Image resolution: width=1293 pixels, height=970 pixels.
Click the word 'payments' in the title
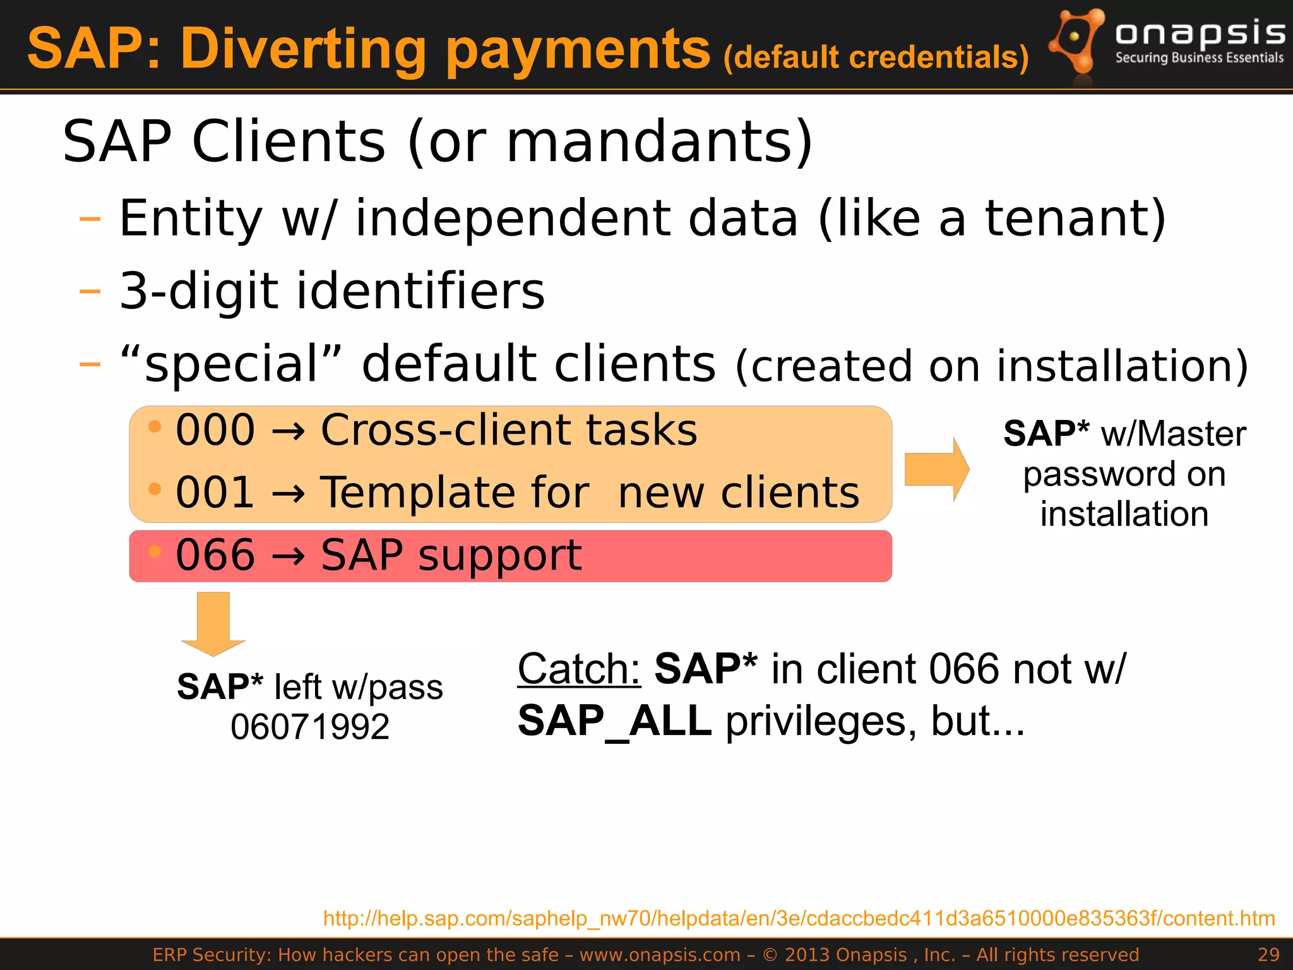click(x=578, y=51)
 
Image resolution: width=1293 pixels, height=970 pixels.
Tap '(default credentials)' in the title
click(x=876, y=57)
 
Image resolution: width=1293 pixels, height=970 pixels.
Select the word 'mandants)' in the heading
click(x=659, y=142)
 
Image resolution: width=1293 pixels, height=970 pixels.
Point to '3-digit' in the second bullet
click(x=199, y=291)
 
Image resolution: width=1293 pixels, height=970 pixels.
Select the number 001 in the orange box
click(x=215, y=493)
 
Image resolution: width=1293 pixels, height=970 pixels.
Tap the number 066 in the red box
click(x=215, y=555)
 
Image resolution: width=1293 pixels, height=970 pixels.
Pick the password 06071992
click(x=309, y=727)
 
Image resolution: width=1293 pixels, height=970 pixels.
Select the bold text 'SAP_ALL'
click(x=614, y=722)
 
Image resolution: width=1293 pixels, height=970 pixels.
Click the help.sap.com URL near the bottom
click(x=799, y=918)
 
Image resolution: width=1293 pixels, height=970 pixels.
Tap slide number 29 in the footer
click(x=1268, y=955)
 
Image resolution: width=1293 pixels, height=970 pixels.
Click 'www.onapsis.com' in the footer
click(x=660, y=955)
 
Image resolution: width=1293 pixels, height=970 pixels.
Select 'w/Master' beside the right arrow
click(x=1173, y=434)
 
